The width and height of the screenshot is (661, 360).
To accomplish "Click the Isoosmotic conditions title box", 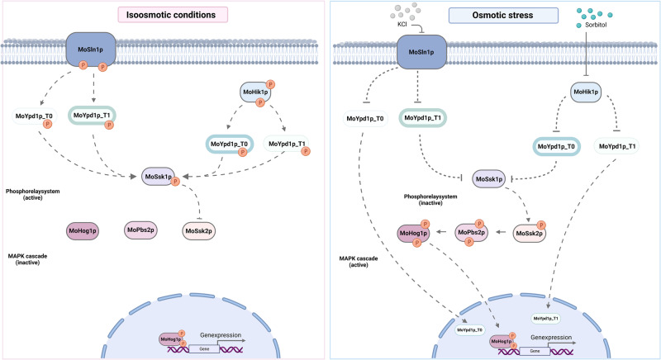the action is tap(173, 15).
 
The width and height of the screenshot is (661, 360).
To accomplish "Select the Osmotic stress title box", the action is tap(503, 15).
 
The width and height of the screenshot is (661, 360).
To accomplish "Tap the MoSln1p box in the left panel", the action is tap(91, 50).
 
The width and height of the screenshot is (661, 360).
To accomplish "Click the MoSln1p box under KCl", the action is tap(421, 52).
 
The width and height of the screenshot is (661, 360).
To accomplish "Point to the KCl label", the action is tap(402, 24).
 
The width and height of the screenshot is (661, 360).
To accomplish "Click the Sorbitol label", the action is tap(596, 25).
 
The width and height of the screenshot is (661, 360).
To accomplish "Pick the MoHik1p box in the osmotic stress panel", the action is tap(586, 92).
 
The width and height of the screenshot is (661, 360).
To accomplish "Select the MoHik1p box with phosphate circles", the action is tap(255, 92).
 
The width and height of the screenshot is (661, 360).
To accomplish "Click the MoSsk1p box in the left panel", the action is tap(158, 177).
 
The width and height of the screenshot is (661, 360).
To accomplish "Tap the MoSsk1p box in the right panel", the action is tap(489, 179).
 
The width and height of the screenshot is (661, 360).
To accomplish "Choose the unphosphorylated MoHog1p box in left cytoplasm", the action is tap(83, 230).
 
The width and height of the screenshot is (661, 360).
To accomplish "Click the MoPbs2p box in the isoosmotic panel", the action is tap(140, 230).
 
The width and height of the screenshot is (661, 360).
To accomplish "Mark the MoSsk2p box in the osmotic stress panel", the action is tap(529, 234).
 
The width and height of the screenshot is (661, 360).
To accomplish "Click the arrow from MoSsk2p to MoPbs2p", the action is tap(502, 231).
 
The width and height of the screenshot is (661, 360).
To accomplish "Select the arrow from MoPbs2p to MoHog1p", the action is tap(441, 231).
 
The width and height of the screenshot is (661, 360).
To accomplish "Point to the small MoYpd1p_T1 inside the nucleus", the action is tap(546, 319).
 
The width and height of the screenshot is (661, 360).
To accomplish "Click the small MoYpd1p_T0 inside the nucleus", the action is tap(469, 329).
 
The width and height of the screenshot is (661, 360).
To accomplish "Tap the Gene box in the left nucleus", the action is tap(204, 348).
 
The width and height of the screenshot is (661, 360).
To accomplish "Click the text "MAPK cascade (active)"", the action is tap(359, 262).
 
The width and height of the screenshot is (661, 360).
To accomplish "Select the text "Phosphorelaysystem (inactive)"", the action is tap(430, 200).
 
